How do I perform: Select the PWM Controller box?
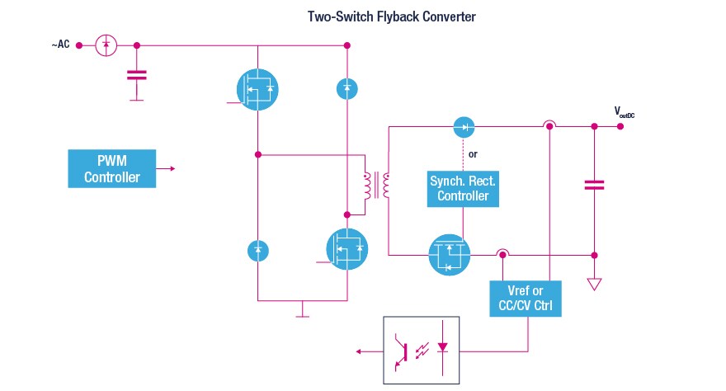[111, 168]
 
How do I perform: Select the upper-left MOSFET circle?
[257, 87]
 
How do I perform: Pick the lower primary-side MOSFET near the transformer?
[347, 247]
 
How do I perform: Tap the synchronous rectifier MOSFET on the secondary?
[449, 254]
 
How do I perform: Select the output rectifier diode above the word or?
[464, 127]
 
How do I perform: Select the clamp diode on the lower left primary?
[257, 248]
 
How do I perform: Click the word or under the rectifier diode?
[472, 154]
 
